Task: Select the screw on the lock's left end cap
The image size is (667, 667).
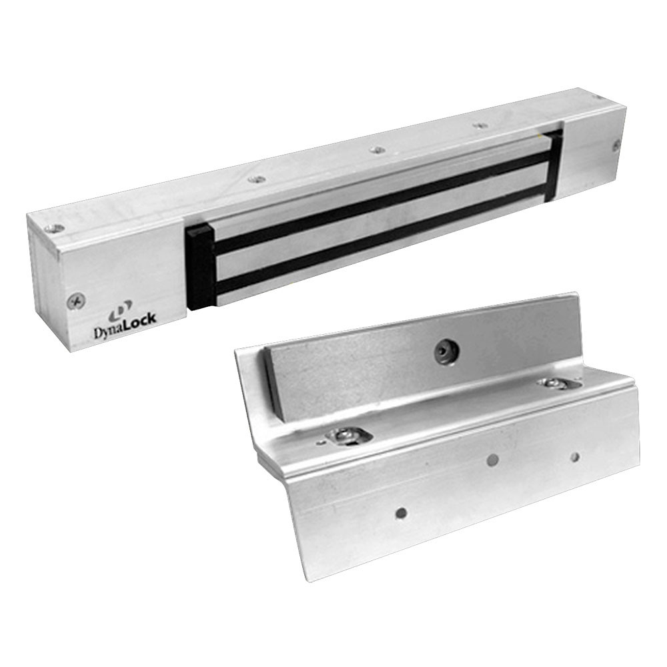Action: (x=75, y=300)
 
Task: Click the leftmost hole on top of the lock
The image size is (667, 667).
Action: (x=56, y=229)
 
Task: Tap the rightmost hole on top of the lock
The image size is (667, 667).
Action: (x=596, y=98)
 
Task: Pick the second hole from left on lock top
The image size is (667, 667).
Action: (x=256, y=179)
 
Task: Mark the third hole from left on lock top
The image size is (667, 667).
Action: (x=378, y=149)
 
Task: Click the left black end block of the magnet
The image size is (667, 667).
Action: (x=199, y=267)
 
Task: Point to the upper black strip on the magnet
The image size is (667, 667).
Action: (x=380, y=194)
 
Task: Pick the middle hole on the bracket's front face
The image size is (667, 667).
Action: (x=492, y=460)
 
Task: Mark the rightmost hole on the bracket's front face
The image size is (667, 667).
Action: (x=574, y=457)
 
